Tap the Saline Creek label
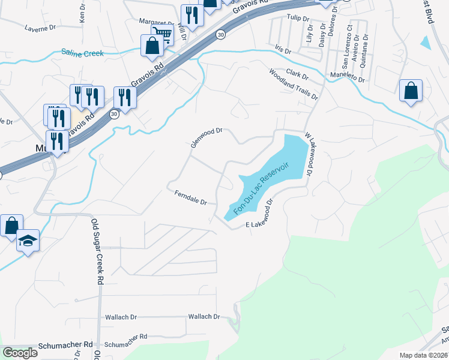click(82, 53)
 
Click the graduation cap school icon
click(27, 240)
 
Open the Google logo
click(20, 353)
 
